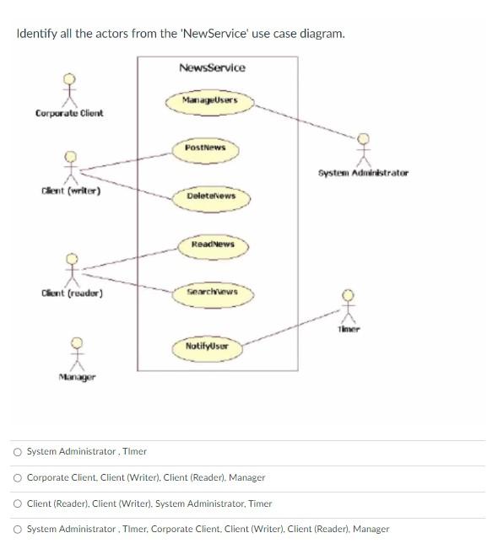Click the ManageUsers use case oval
209,100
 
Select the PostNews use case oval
205,148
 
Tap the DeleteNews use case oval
211,196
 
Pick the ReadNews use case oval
212,245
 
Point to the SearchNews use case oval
211,292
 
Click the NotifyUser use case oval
207,347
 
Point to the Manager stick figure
77,353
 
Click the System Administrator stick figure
363,150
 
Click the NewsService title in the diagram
212,67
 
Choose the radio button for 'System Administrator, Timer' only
18,451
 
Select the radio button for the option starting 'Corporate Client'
18,477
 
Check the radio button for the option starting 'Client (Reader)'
18,503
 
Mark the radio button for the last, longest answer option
18,529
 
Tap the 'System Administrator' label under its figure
363,173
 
